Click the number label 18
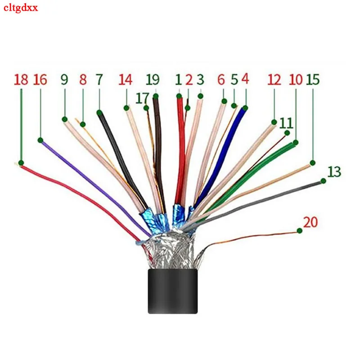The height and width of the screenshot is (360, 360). pos(21,80)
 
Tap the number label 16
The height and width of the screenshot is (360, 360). pos(40,80)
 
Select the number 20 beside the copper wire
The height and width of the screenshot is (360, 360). pos(310,222)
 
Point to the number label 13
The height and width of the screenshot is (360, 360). pos(334,171)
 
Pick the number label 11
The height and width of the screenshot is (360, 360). pos(286,122)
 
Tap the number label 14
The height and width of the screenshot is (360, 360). pos(126,80)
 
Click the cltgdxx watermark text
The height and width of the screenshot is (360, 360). pos(21,8)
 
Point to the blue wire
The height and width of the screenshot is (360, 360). pos(225,148)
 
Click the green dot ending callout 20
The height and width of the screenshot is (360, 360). pos(299,231)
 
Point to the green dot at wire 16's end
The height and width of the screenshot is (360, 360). pos(40,140)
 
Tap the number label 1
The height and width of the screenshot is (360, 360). pos(179,80)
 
